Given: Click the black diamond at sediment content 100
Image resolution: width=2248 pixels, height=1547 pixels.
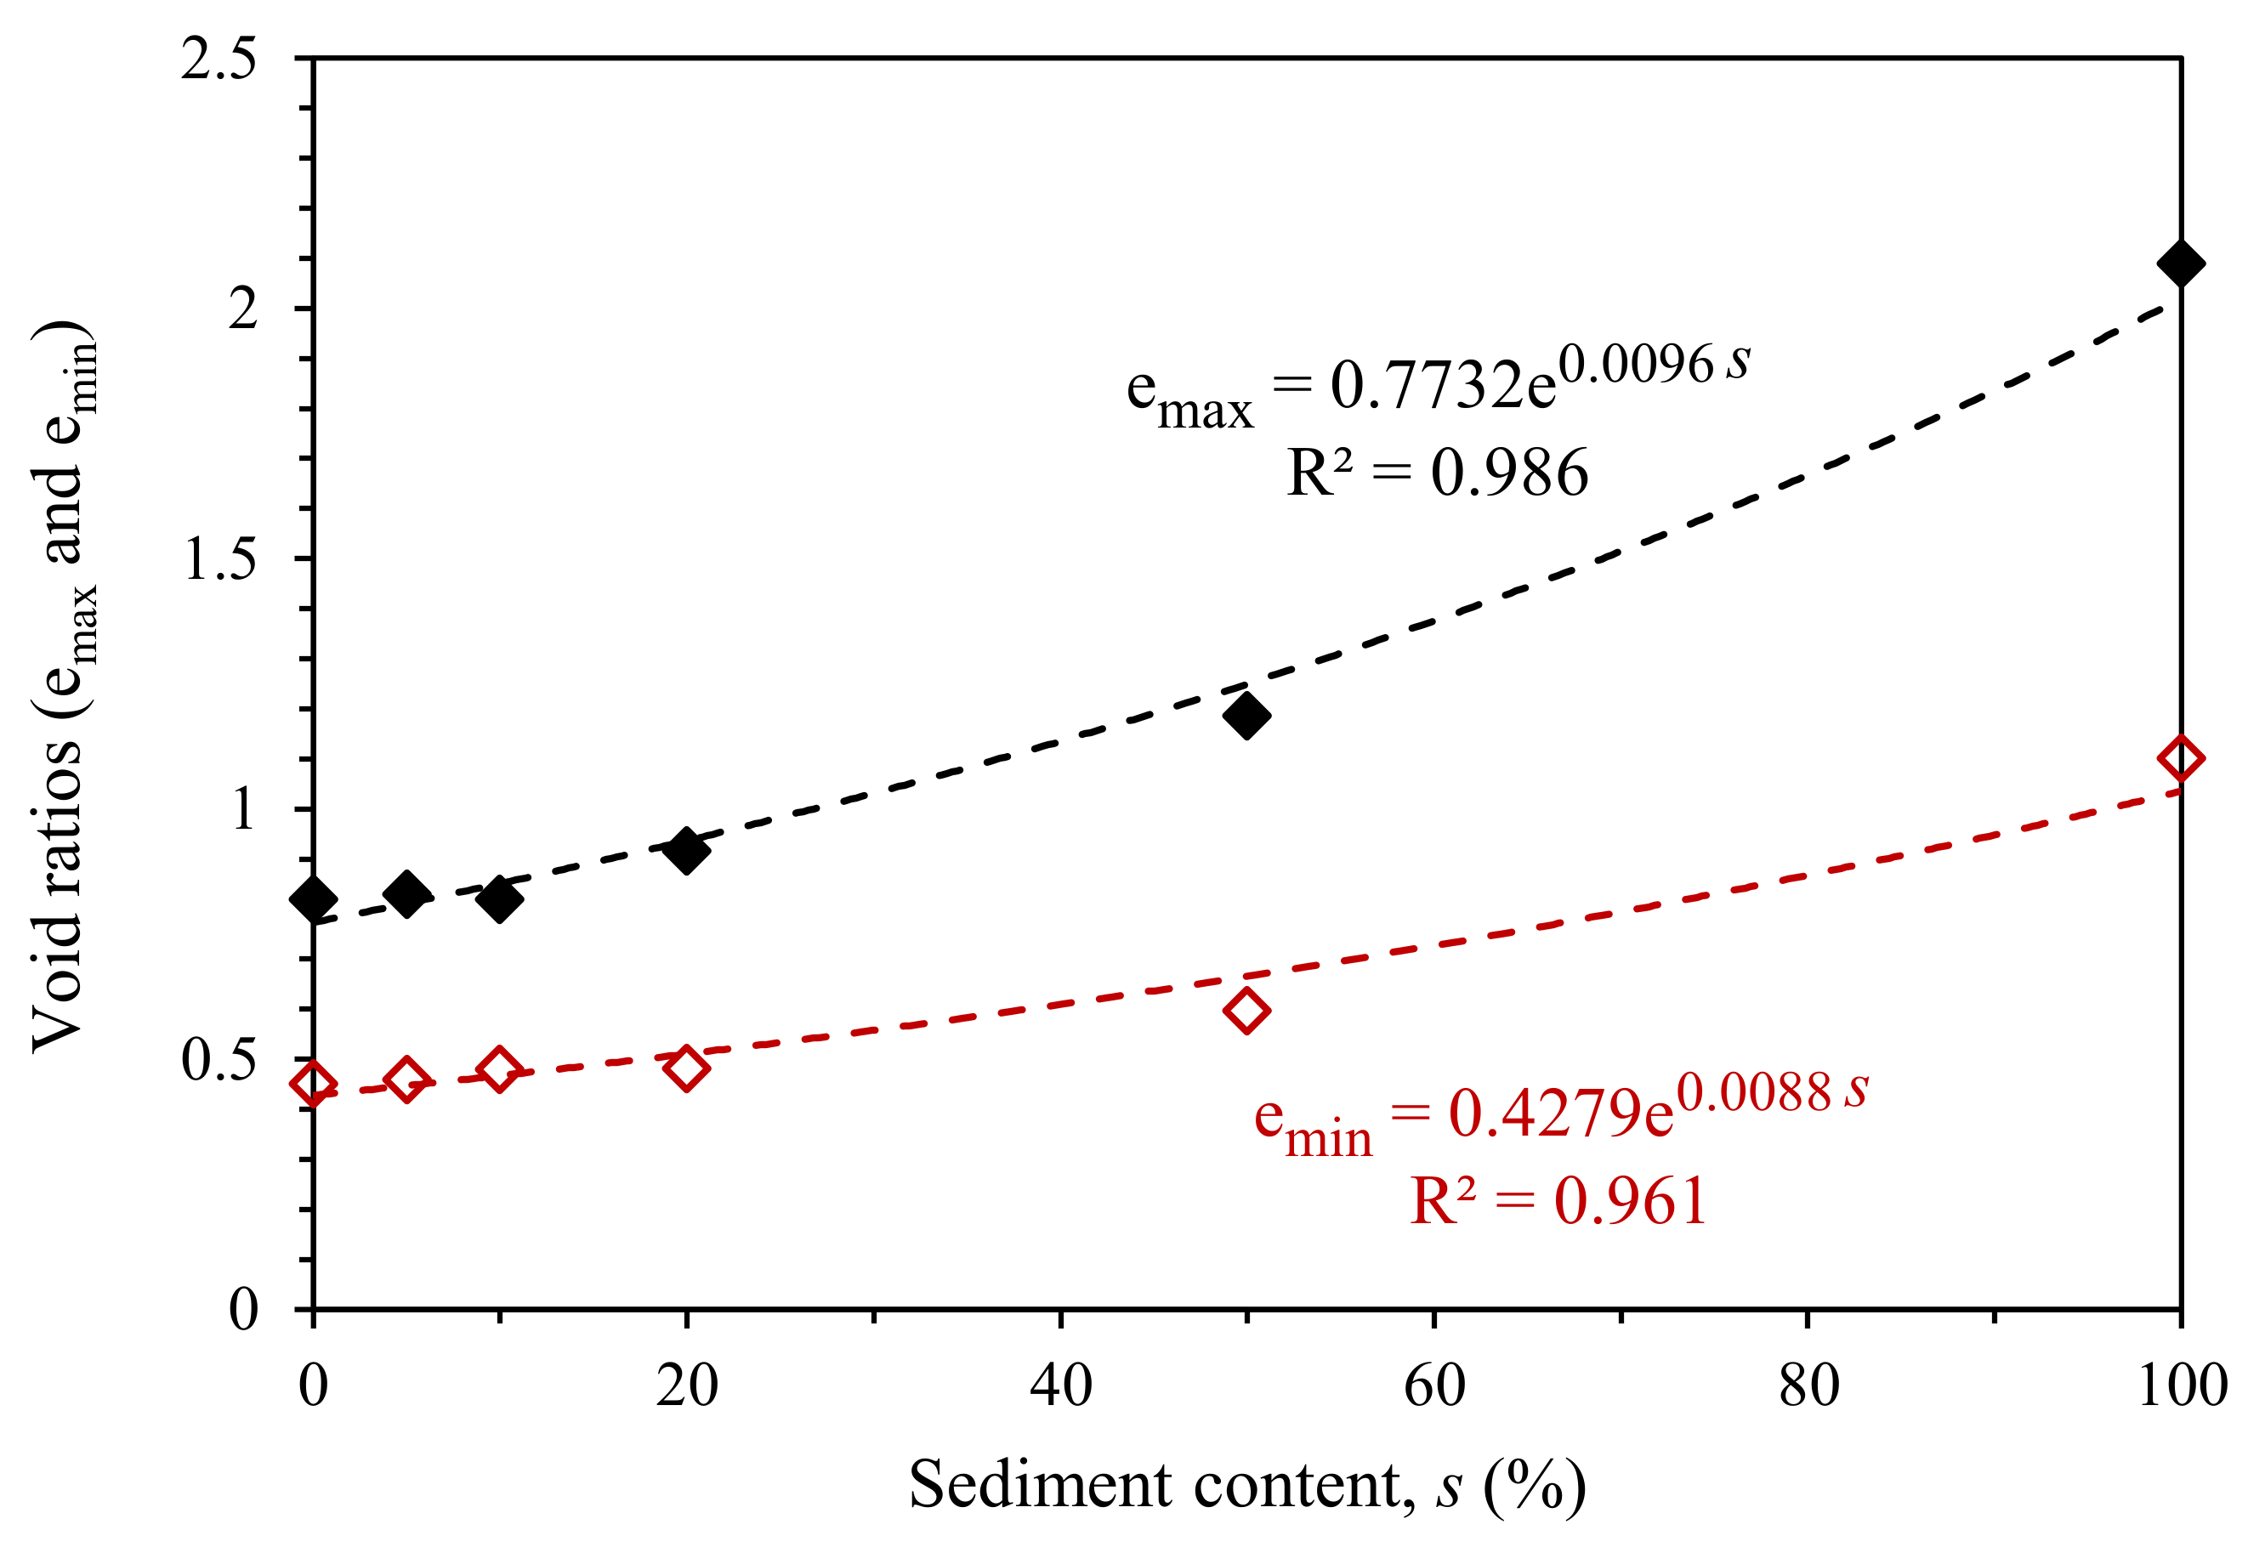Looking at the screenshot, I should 2180,263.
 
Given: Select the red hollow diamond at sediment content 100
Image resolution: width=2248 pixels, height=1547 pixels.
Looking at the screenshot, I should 2180,758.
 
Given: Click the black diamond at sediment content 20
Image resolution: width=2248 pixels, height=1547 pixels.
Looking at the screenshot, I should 686,850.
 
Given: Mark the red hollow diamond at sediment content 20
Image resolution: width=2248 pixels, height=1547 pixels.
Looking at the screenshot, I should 686,1068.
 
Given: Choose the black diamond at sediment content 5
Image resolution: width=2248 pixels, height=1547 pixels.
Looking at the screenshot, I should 407,892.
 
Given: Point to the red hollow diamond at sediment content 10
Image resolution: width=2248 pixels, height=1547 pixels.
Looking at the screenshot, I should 499,1069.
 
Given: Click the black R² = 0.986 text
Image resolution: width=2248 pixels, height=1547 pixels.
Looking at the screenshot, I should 1437,473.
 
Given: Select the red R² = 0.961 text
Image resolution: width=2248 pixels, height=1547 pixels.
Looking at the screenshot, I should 1558,1201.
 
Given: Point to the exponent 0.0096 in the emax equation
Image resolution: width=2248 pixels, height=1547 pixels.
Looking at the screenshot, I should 1637,365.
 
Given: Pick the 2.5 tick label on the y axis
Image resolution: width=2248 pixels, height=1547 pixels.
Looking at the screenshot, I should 219,59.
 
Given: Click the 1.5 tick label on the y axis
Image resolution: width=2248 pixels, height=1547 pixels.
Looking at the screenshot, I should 219,559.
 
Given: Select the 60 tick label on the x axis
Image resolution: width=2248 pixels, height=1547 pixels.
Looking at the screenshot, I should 1433,1386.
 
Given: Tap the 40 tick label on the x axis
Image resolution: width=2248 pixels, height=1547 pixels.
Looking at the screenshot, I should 1060,1386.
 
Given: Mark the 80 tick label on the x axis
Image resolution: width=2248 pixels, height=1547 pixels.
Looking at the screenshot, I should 1808,1386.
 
